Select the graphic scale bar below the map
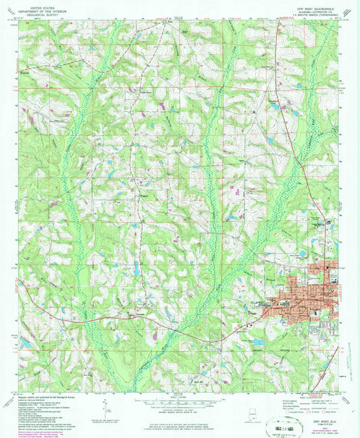(180, 403)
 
